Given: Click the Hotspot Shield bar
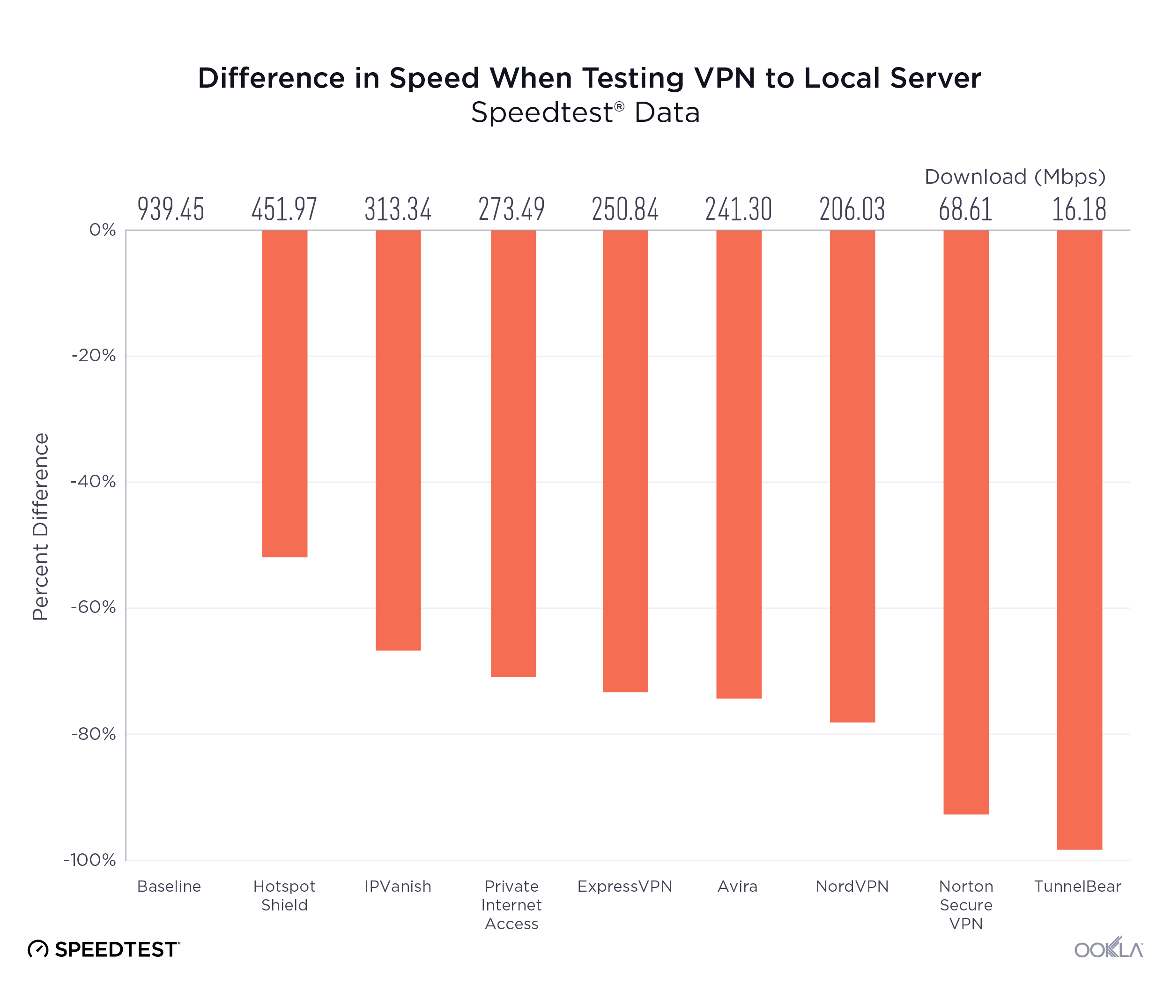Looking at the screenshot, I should tap(284, 393).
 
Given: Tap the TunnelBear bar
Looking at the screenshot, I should tap(1079, 539).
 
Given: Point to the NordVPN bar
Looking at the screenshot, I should tap(852, 476).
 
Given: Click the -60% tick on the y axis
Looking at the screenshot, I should tap(93, 607).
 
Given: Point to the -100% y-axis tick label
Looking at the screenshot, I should tap(90, 860).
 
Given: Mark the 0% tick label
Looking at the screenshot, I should tap(102, 230).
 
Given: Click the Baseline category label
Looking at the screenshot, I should tap(169, 887).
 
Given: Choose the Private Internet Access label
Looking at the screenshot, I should tap(511, 905).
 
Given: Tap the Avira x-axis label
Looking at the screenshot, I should tap(738, 887).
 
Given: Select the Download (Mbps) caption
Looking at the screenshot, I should tap(1015, 177).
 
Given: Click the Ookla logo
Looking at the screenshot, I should tap(1108, 949).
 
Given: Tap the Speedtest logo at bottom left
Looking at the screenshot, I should tap(104, 949).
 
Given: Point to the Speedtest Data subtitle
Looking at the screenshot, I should tap(585, 112).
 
